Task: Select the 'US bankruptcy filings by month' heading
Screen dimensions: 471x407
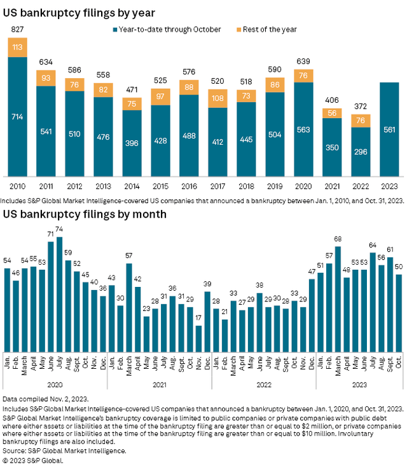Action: point(85,214)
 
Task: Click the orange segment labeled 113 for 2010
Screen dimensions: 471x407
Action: point(18,47)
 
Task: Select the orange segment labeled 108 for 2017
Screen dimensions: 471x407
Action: point(218,98)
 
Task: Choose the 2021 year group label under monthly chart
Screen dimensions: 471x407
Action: point(159,383)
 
